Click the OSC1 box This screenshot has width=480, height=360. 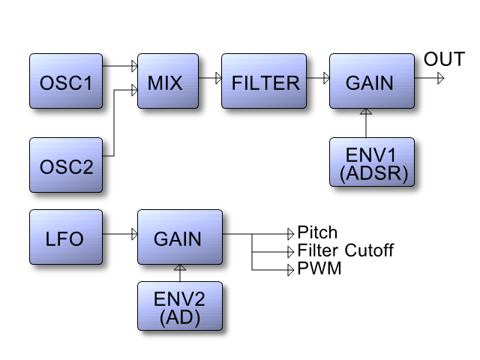[x=66, y=81]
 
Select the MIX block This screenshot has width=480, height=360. [x=168, y=81]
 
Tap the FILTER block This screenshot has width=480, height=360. [x=264, y=81]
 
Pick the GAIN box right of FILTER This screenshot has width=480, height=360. [x=372, y=81]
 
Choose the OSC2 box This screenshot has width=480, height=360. [x=66, y=165]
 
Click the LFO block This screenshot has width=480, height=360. [x=66, y=237]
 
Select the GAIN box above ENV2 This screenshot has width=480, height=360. [x=180, y=237]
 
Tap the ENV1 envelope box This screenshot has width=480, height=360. [x=372, y=162]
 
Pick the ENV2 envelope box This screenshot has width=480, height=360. [x=180, y=306]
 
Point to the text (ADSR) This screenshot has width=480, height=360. [x=373, y=174]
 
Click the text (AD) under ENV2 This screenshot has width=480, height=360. [x=180, y=317]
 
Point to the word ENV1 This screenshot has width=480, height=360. [x=370, y=155]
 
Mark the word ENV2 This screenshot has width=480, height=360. [x=179, y=298]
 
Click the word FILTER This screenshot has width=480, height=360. [x=265, y=83]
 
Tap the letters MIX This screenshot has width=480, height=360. [x=165, y=83]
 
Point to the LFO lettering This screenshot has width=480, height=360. [x=64, y=239]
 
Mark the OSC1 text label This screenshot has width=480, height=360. [x=66, y=83]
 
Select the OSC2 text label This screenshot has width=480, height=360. [x=66, y=167]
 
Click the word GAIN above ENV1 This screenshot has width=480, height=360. [x=370, y=83]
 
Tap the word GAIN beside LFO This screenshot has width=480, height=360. [x=178, y=239]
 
